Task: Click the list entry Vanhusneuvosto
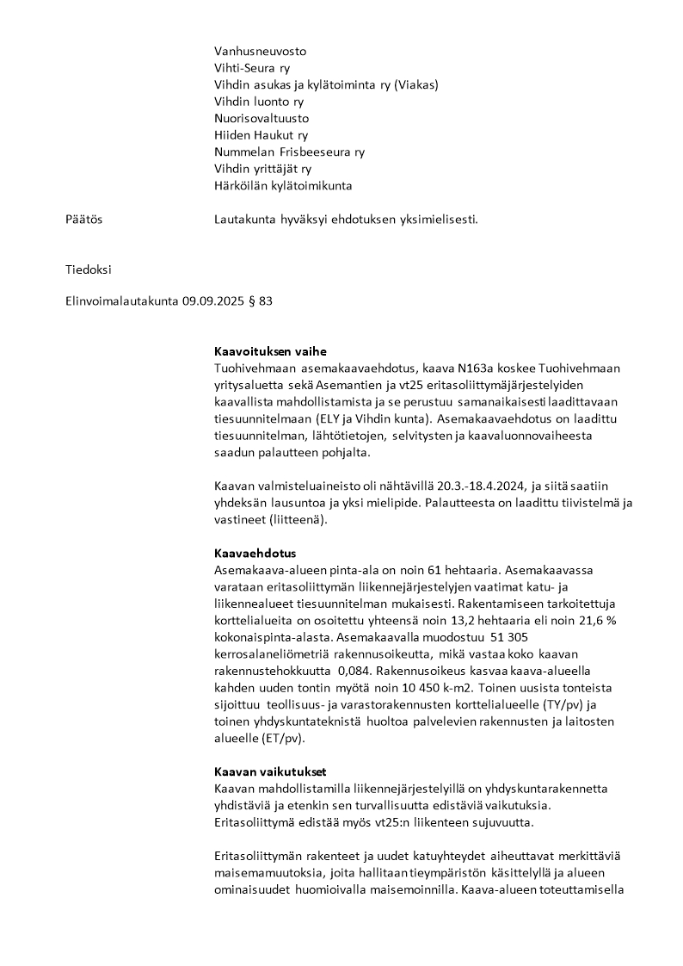coord(260,51)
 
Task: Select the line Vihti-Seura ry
coord(251,68)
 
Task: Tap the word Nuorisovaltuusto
coord(262,118)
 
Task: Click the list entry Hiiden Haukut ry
coord(261,135)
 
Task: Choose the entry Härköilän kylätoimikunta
coord(283,185)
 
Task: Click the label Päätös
coord(83,220)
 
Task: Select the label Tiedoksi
coord(89,269)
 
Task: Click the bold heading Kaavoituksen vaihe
coord(270,351)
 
